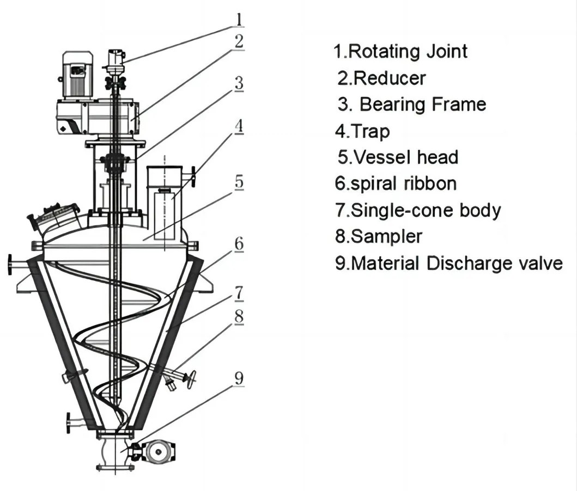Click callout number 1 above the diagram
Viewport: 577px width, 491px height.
coord(239,19)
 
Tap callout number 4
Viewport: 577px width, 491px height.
coord(239,126)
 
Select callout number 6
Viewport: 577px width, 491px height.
coord(239,243)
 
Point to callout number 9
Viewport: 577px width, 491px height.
coord(239,378)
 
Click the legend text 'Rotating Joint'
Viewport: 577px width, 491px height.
coord(408,51)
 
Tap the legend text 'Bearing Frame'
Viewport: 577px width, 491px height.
coord(423,105)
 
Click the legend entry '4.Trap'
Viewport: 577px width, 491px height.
coord(362,131)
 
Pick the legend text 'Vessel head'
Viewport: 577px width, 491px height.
coord(405,157)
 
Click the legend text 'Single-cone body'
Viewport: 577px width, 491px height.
coord(426,210)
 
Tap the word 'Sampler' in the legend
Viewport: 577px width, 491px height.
coord(386,237)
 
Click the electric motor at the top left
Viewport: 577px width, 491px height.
coord(77,75)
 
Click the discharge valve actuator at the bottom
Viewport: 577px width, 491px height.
coord(159,452)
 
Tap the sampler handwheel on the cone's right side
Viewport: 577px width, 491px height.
coord(191,379)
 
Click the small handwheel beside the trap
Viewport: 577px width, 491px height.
coord(193,177)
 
